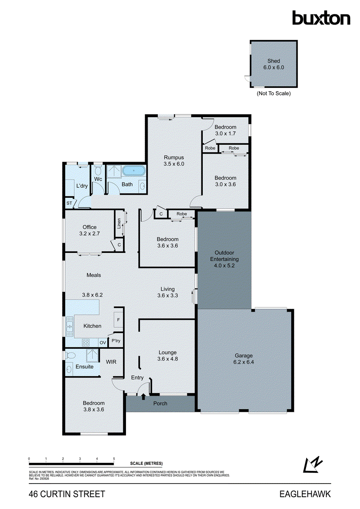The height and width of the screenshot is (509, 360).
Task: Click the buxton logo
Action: (321, 18)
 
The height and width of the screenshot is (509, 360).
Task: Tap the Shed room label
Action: (273, 61)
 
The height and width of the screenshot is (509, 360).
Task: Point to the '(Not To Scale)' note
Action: (273, 93)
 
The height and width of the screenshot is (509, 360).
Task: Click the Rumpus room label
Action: (174, 157)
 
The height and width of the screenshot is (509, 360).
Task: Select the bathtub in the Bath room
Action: (134, 172)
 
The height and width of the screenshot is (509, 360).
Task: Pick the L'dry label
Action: (82, 186)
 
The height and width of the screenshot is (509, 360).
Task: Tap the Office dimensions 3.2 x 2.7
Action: (89, 233)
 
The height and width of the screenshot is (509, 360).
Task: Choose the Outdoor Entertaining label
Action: (225, 256)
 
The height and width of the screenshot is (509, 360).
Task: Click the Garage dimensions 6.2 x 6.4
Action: (244, 362)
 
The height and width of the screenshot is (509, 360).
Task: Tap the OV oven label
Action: (102, 343)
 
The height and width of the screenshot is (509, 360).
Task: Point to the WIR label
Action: (111, 361)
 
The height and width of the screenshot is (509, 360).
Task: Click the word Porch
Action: (160, 403)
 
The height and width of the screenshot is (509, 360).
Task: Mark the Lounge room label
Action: (167, 352)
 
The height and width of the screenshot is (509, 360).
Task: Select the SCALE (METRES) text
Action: (146, 463)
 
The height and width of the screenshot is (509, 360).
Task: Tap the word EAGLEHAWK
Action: (305, 494)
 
